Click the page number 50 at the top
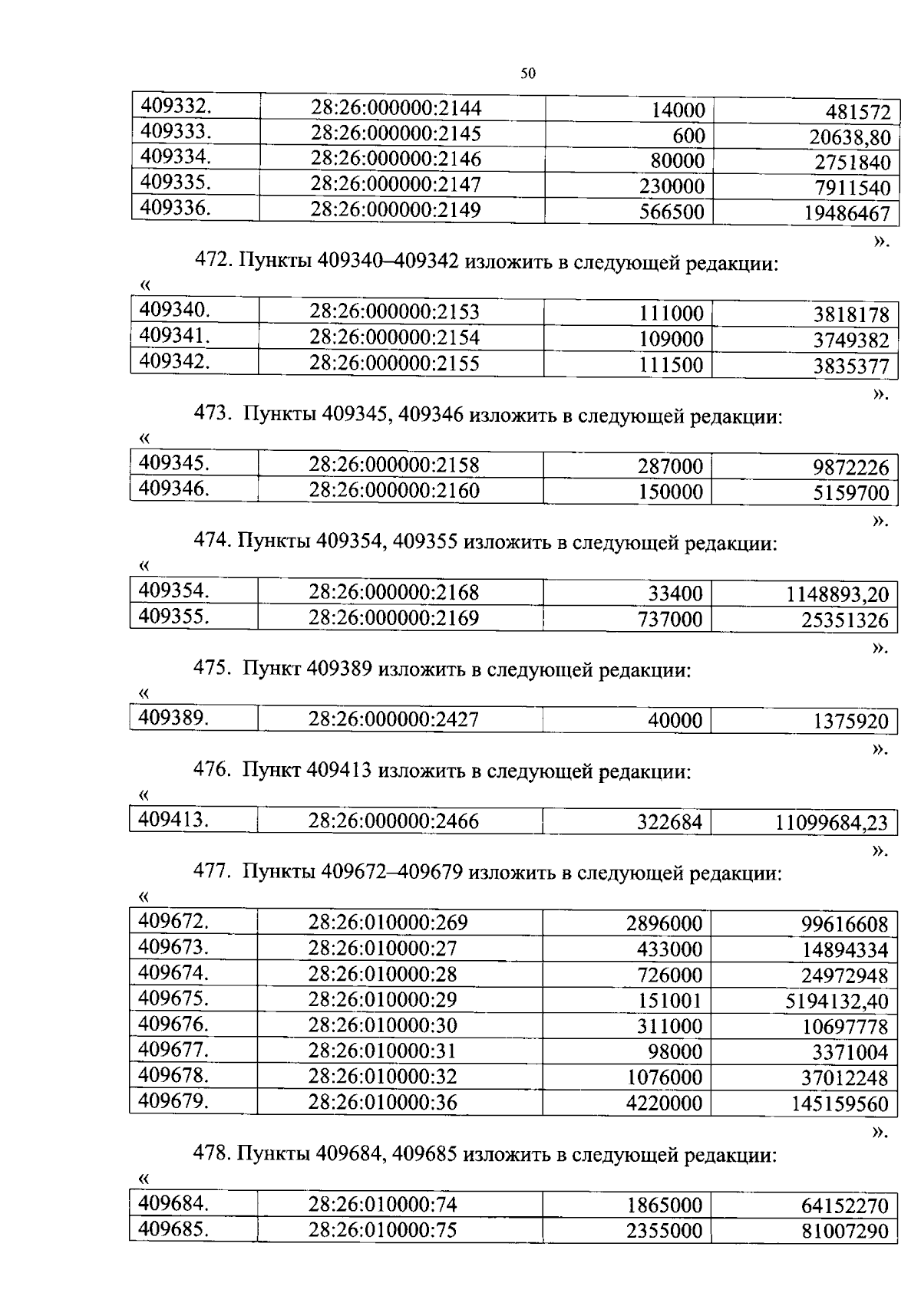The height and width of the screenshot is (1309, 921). pyautogui.click(x=527, y=74)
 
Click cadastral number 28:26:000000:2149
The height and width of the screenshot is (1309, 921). pyautogui.click(x=395, y=209)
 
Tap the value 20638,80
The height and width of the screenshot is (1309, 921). pyautogui.click(x=850, y=137)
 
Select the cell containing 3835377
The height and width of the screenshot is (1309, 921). pyautogui.click(x=851, y=366)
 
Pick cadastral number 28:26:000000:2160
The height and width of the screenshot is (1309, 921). pyautogui.click(x=394, y=490)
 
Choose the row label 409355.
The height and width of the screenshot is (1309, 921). pyautogui.click(x=173, y=616)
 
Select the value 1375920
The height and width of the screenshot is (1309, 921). pyautogui.click(x=850, y=722)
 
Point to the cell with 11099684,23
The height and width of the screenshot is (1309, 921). pyautogui.click(x=831, y=824)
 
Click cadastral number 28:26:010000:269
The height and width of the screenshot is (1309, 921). pyautogui.click(x=388, y=923)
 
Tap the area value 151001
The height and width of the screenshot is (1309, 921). pyautogui.click(x=669, y=1001)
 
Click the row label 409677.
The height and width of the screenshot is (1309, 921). pyautogui.click(x=173, y=1049)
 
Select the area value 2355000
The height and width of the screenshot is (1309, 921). pyautogui.click(x=664, y=1231)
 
